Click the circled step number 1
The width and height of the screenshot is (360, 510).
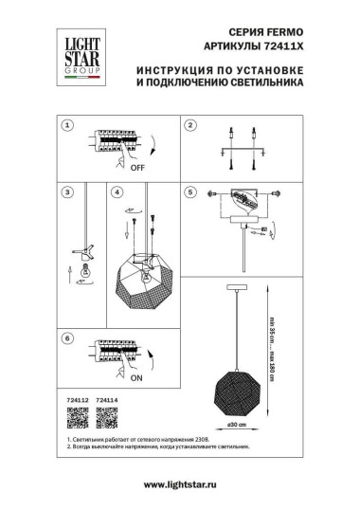coord(66,124)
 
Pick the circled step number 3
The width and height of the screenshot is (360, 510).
coord(66,192)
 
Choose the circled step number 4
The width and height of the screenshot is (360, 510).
coord(117,192)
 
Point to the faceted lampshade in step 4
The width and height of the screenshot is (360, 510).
coord(141,281)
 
